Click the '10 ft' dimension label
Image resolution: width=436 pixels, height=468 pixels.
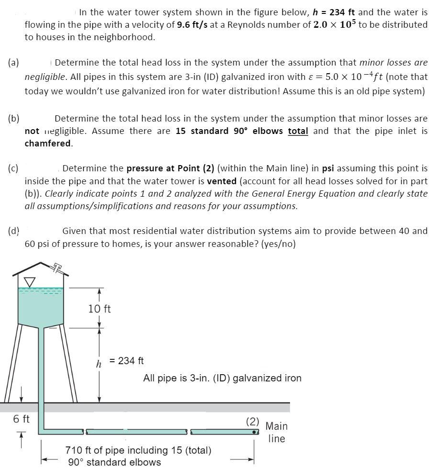(100, 309)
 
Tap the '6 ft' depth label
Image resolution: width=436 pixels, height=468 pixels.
(21, 419)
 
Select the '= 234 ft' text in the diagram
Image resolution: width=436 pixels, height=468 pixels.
(127, 361)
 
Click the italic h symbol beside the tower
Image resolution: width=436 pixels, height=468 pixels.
(99, 364)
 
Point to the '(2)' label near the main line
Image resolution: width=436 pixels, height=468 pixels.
(253, 422)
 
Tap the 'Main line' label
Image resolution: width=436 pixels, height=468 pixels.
(277, 432)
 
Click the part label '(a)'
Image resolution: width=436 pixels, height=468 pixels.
(13, 63)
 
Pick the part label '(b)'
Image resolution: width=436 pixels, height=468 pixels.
(13, 118)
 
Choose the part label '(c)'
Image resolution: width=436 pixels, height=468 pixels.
(13, 168)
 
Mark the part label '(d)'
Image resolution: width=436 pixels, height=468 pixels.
(13, 231)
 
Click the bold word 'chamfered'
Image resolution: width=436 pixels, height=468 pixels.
(48, 143)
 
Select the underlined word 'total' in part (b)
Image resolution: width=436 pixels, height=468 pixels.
(298, 131)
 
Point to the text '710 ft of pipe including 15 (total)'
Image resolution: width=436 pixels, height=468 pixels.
(138, 450)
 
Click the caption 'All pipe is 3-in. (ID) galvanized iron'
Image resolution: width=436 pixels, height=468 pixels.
(222, 378)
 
